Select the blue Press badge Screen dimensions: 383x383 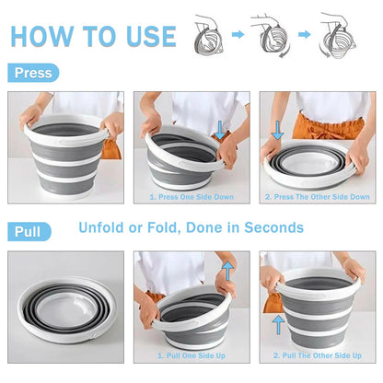[32, 73]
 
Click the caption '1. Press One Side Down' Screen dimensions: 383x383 [191, 196]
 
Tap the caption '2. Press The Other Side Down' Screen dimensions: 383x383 [318, 196]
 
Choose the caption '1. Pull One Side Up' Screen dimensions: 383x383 [191, 355]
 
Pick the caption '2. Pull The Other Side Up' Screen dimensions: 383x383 [318, 355]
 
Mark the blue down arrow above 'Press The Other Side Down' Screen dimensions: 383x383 [278, 130]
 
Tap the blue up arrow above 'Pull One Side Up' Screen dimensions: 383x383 [227, 268]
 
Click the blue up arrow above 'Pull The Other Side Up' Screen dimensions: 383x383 [278, 324]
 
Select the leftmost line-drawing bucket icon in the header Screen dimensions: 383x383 [208, 35]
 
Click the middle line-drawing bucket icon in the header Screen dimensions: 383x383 [273, 35]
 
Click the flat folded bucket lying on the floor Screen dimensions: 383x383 [66, 318]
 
